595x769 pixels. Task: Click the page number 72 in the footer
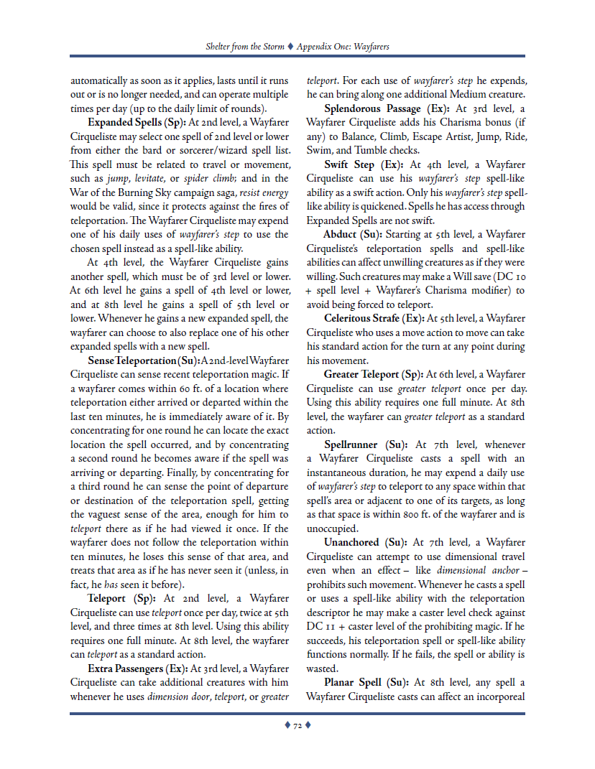coord(297,726)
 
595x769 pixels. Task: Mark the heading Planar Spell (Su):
coord(366,683)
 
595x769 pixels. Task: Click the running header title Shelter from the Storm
coord(244,47)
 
